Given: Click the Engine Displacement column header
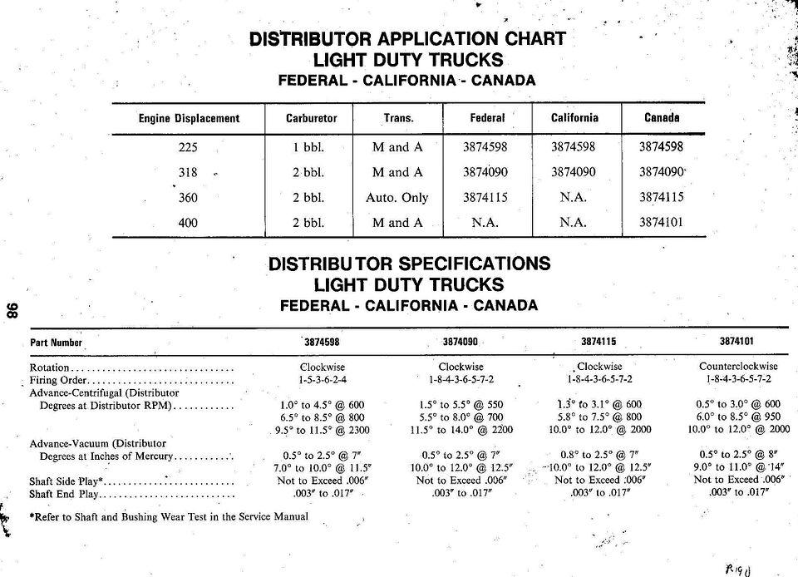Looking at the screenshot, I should pyautogui.click(x=189, y=119).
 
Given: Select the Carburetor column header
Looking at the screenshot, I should pyautogui.click(x=311, y=119).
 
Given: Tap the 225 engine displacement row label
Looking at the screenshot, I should pyautogui.click(x=189, y=147).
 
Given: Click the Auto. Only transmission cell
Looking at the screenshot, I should pyautogui.click(x=397, y=198).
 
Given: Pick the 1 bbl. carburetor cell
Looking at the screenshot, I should pyautogui.click(x=308, y=147).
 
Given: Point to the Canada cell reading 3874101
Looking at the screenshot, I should pyautogui.click(x=661, y=223).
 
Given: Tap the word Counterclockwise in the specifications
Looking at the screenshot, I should pyautogui.click(x=738, y=366).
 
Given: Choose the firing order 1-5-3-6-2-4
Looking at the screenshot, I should pyautogui.click(x=323, y=379).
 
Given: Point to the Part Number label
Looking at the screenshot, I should pyautogui.click(x=57, y=343).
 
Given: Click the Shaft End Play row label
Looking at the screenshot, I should pyautogui.click(x=65, y=494).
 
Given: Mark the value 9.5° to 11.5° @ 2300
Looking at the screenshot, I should pyautogui.click(x=323, y=431).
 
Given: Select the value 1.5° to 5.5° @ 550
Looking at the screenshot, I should pyautogui.click(x=461, y=405).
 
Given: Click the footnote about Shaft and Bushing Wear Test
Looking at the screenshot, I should pyautogui.click(x=169, y=516).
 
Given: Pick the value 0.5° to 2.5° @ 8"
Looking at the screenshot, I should pyautogui.click(x=738, y=456).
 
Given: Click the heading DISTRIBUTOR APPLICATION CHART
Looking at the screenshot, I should pyautogui.click(x=407, y=39).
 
